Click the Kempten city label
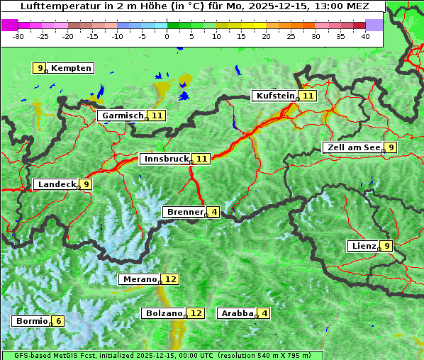coord(71,68)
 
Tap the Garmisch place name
coord(123,116)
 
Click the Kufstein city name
coord(275,96)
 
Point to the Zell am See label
coord(352,147)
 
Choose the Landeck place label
coord(57,184)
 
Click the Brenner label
coord(184,212)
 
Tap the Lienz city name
coord(363,246)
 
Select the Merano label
coord(139,279)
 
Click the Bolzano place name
coord(164,313)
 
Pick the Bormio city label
coord(32,321)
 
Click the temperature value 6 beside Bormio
coord(58,321)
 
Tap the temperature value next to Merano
coord(171,279)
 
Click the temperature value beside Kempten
coord(40,68)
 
